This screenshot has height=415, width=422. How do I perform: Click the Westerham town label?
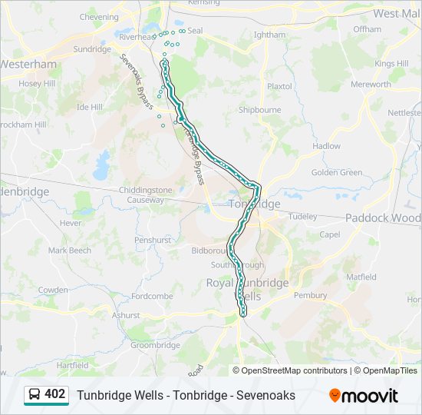(x=29, y=65)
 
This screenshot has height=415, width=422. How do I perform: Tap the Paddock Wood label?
(x=383, y=217)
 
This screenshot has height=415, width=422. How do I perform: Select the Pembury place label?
(x=310, y=295)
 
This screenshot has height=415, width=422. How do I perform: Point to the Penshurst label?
(x=152, y=240)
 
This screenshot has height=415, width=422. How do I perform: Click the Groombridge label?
(x=154, y=345)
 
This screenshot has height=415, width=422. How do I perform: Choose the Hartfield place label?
(x=72, y=365)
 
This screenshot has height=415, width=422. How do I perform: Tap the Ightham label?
(x=269, y=35)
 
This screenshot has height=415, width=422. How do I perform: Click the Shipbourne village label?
(x=259, y=110)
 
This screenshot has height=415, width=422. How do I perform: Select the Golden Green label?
(x=337, y=172)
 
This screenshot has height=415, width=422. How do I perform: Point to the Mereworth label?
(x=371, y=85)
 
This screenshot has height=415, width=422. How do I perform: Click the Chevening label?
(x=99, y=17)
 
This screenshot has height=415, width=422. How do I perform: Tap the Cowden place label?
(x=53, y=290)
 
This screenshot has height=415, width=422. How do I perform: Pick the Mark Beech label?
(x=69, y=251)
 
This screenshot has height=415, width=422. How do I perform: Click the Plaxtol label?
(x=279, y=86)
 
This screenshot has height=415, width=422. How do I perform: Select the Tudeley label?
(x=302, y=217)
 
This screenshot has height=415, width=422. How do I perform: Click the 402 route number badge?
(x=54, y=394)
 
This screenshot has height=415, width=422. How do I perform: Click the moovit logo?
(x=364, y=396)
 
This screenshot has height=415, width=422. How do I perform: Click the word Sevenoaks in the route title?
(x=266, y=396)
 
